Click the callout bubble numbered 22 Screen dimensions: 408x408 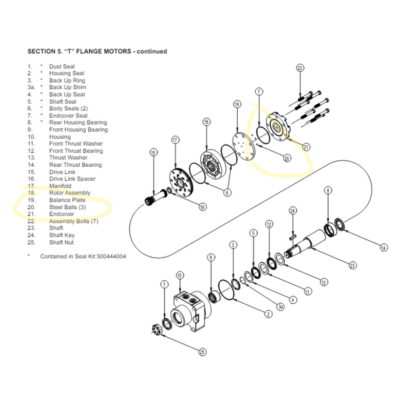(x=300, y=68)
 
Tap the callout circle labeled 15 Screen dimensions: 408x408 (x=153, y=153)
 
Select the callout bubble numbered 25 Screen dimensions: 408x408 (x=202, y=351)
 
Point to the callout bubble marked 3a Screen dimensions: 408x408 (x=280, y=307)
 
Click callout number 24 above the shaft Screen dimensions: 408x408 (x=293, y=210)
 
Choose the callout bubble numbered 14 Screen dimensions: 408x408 (x=383, y=248)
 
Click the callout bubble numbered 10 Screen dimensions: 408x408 (x=180, y=275)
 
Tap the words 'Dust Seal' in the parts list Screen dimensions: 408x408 (x=62, y=66)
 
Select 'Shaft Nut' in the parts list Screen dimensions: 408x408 (x=61, y=242)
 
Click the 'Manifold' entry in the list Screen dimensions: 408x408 (x=61, y=186)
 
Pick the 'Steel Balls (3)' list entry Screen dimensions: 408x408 (x=66, y=207)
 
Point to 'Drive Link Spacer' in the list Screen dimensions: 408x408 (x=72, y=179)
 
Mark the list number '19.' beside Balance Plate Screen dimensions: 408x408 (x=31, y=200)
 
